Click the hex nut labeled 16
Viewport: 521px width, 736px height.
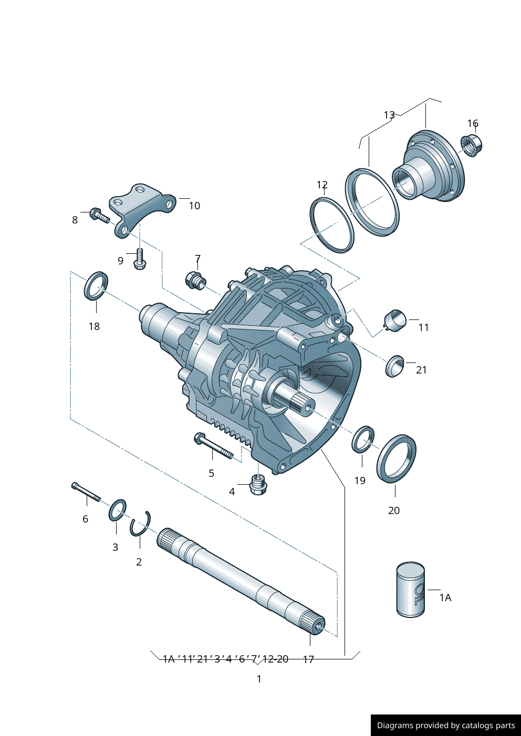pos(471,144)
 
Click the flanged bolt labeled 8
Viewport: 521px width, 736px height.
pos(99,215)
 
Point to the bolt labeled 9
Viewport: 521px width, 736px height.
pos(140,259)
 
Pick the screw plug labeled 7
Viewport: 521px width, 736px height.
pos(195,281)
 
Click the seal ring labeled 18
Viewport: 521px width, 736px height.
pos(96,286)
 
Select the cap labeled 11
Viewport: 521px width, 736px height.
pos(395,320)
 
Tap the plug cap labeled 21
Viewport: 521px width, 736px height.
pos(394,366)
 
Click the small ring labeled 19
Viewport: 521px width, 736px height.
pos(363,440)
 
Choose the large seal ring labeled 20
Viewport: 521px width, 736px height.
pos(397,458)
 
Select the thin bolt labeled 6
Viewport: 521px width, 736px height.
pos(86,492)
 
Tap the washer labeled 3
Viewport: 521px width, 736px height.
pos(117,510)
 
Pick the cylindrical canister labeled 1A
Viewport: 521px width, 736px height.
pos(410,590)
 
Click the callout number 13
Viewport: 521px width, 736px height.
pos(389,115)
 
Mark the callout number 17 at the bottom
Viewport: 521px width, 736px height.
pos(308,659)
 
